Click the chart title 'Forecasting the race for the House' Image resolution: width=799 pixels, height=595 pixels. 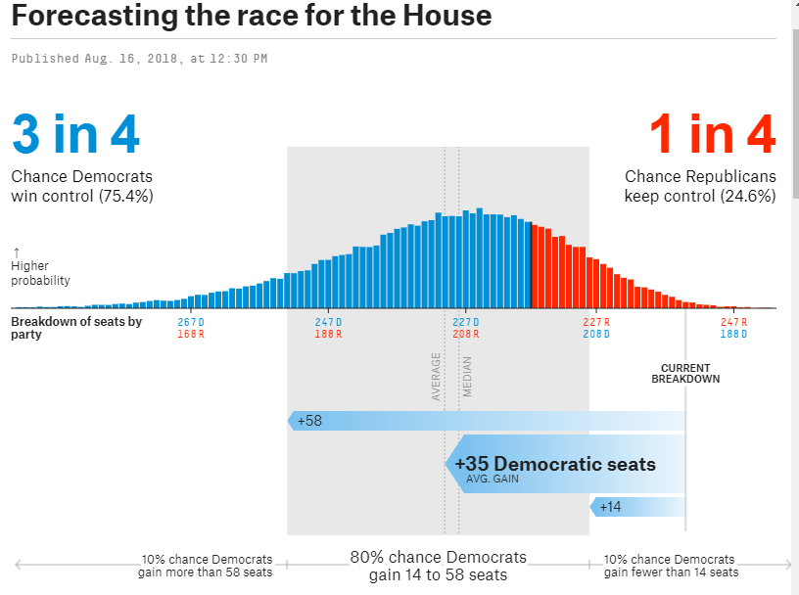(252, 17)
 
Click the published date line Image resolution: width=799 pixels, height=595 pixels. (139, 59)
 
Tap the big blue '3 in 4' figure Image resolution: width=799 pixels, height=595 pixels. (75, 134)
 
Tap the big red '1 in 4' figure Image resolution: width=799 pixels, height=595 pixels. (712, 134)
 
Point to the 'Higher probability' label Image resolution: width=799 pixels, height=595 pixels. (40, 273)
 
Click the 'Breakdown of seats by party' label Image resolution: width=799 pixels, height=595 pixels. (76, 328)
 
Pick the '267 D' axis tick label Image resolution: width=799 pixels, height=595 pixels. (191, 322)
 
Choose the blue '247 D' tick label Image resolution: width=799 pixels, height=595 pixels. (328, 322)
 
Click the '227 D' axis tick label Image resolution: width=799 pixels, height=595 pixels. (465, 322)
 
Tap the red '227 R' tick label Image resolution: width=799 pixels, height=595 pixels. (595, 322)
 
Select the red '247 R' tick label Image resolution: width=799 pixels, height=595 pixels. (733, 322)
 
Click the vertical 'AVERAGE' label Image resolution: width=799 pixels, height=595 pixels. (437, 377)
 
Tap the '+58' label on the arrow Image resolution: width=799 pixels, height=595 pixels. (309, 422)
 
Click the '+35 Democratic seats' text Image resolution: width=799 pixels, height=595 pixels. (555, 464)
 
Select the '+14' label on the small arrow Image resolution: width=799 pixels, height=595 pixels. (610, 506)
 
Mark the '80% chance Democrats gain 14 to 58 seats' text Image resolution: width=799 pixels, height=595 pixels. (439, 566)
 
